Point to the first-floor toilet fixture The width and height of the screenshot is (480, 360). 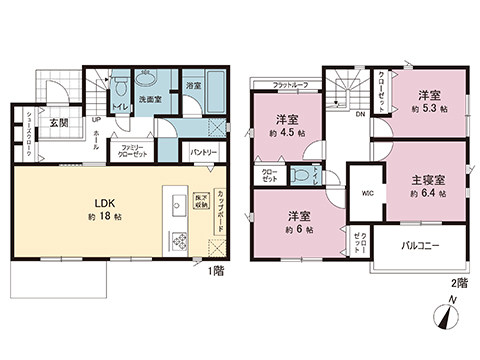click(118, 82)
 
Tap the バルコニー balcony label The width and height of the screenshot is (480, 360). click(422, 244)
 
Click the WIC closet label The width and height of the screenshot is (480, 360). click(365, 193)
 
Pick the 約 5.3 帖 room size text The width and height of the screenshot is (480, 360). click(428, 108)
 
